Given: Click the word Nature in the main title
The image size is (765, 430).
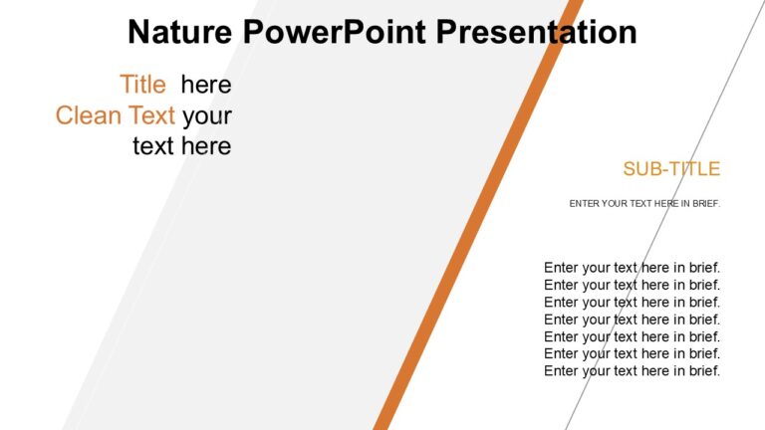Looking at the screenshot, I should click(x=180, y=32).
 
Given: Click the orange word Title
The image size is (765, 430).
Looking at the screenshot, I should click(x=142, y=85).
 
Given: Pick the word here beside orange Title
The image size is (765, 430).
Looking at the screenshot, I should click(x=206, y=85).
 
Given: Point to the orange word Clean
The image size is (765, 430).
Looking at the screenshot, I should click(x=87, y=115).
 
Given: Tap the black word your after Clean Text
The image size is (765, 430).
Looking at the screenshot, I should click(x=206, y=115).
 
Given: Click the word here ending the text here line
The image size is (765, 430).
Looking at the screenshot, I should click(x=206, y=147).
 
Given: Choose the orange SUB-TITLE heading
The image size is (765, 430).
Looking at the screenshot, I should click(x=670, y=169).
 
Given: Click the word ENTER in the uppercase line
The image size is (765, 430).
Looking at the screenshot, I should click(x=585, y=204).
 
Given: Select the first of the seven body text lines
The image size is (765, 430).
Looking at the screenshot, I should click(x=632, y=267).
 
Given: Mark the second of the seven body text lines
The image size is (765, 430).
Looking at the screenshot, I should click(x=632, y=285).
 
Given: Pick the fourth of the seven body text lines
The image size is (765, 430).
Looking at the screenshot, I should click(x=632, y=320).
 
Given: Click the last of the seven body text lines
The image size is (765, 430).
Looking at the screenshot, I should click(x=632, y=371).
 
